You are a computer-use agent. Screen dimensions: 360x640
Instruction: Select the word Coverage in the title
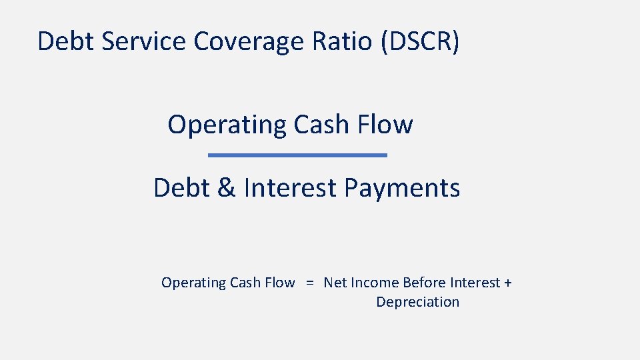(249, 41)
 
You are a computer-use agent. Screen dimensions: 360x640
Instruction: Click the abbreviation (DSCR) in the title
(421, 41)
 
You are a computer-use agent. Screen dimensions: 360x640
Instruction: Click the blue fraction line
(297, 155)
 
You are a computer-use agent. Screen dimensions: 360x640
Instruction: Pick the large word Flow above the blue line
(385, 125)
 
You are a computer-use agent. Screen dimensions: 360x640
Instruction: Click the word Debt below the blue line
(181, 188)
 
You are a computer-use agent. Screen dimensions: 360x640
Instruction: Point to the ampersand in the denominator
(227, 188)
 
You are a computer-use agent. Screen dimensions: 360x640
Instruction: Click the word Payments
(402, 188)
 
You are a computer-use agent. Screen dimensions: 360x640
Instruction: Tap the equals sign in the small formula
(309, 283)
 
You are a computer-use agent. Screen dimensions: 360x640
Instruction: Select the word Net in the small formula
(335, 283)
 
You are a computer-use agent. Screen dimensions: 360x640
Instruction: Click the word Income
(375, 283)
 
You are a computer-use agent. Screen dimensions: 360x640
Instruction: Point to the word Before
(425, 283)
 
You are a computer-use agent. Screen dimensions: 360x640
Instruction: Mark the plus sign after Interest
(508, 283)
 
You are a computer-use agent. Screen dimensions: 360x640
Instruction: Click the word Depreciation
(417, 302)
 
